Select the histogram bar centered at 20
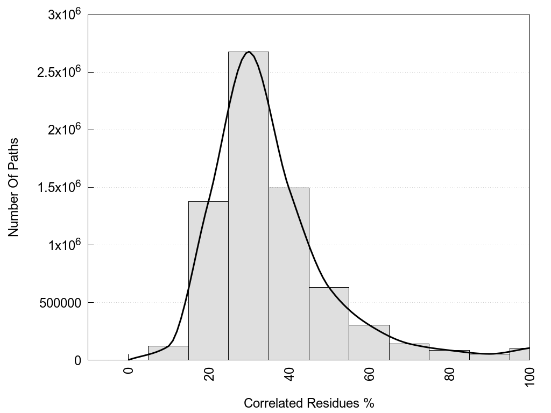[208, 280]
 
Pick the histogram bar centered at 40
[288, 274]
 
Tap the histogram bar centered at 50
[329, 323]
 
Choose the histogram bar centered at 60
[369, 343]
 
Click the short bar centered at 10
[168, 353]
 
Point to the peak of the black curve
[249, 52]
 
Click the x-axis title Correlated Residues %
[308, 403]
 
